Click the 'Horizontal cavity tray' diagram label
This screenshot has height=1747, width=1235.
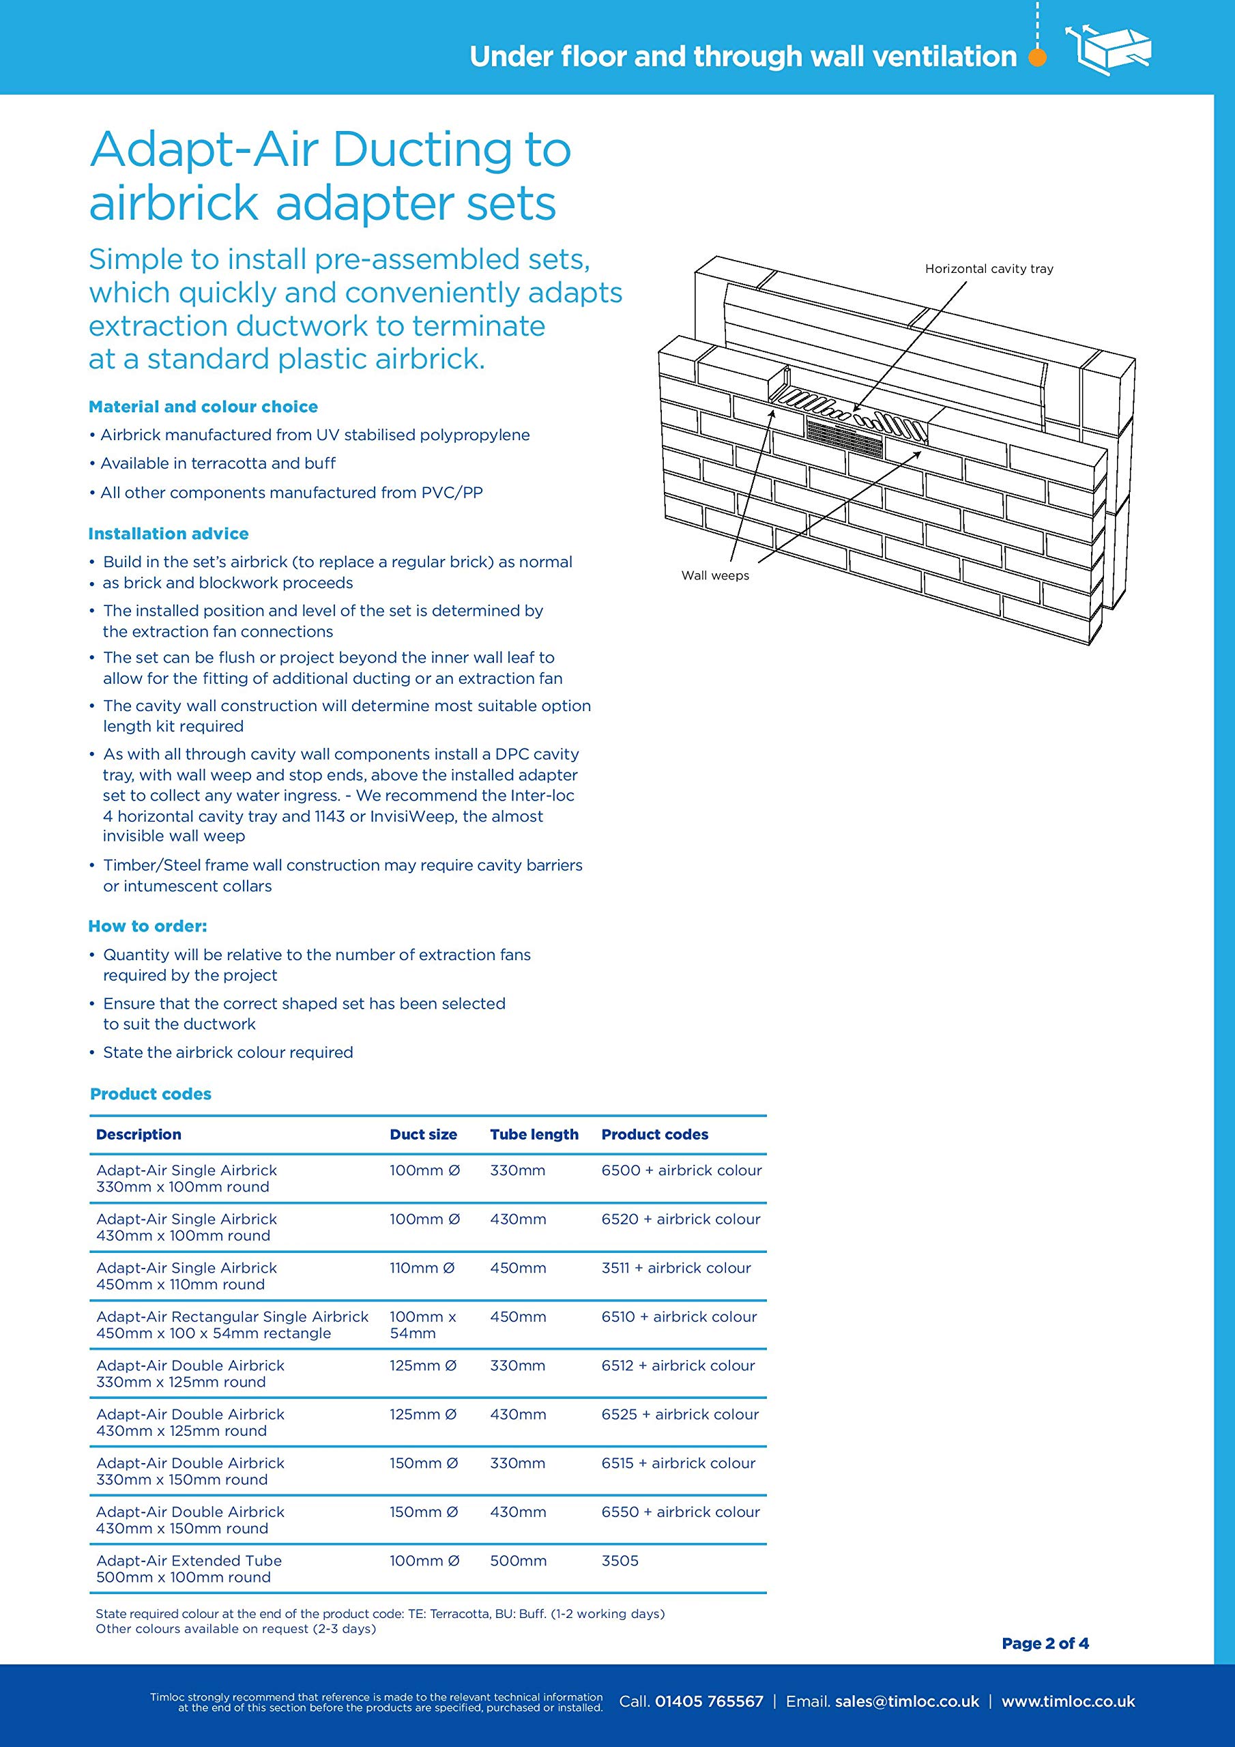989,269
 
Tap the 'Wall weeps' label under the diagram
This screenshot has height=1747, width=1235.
714,575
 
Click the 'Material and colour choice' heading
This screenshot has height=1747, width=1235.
203,406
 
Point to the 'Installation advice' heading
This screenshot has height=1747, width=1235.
168,534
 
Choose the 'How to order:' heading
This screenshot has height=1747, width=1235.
147,926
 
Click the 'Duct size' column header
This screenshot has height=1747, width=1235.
423,1134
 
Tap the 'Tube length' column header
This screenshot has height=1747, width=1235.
534,1134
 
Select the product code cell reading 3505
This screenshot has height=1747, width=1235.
620,1561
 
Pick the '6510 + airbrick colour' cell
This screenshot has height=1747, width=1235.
679,1317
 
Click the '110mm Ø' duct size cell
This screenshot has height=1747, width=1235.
422,1268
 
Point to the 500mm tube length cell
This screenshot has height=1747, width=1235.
518,1561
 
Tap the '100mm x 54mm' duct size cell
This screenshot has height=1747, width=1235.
422,1325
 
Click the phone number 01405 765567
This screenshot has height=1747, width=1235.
708,1701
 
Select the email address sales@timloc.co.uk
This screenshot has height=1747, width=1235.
906,1701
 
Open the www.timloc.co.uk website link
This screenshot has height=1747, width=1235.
1068,1701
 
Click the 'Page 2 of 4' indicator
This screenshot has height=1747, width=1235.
1045,1643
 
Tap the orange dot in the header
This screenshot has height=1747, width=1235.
1037,57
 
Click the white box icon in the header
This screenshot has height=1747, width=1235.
1109,48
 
